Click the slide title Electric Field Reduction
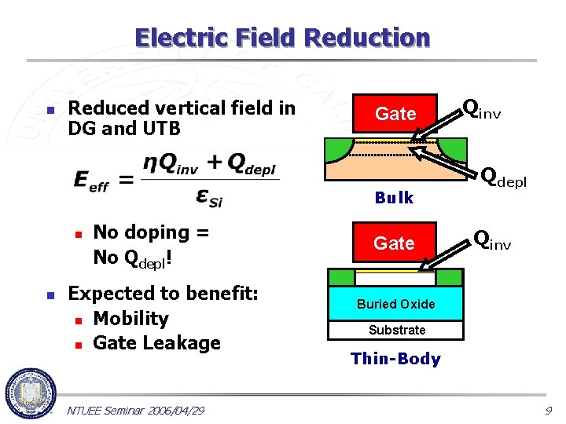(282, 38)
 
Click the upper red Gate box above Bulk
(395, 115)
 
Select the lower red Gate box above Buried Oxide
(394, 244)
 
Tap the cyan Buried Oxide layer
(395, 304)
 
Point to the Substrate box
(396, 330)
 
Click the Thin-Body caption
(395, 359)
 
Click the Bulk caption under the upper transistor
(394, 198)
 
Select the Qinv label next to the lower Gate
(492, 240)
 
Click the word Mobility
(130, 319)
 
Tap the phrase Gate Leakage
(156, 343)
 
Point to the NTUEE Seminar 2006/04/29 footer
(136, 411)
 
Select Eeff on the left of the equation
(91, 181)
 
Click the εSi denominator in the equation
(207, 197)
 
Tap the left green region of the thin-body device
(340, 278)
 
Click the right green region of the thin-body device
(450, 278)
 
